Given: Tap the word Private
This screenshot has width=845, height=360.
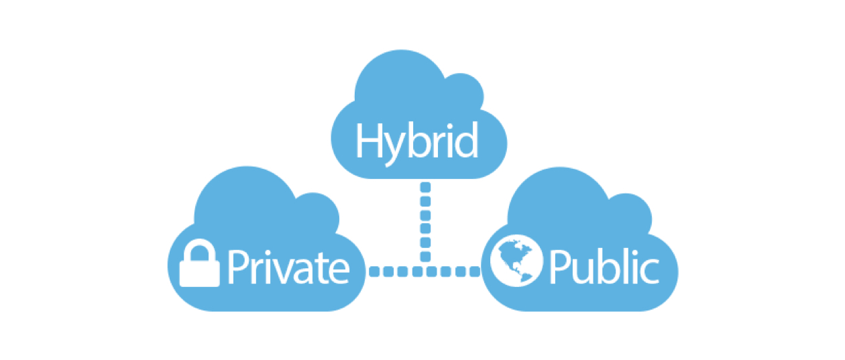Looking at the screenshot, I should pos(288,267).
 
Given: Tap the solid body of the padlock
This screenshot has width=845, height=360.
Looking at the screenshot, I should pos(199,274).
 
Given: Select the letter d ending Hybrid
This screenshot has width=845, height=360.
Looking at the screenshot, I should pos(465,140).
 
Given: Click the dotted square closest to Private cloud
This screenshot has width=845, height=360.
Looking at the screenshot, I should pos(374,272).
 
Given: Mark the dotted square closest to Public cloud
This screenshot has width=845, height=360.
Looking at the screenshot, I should pos(475,272).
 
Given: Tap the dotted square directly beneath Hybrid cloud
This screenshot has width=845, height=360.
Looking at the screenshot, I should pos(425,187).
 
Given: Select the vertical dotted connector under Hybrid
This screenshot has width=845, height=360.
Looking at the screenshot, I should pos(425,221).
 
